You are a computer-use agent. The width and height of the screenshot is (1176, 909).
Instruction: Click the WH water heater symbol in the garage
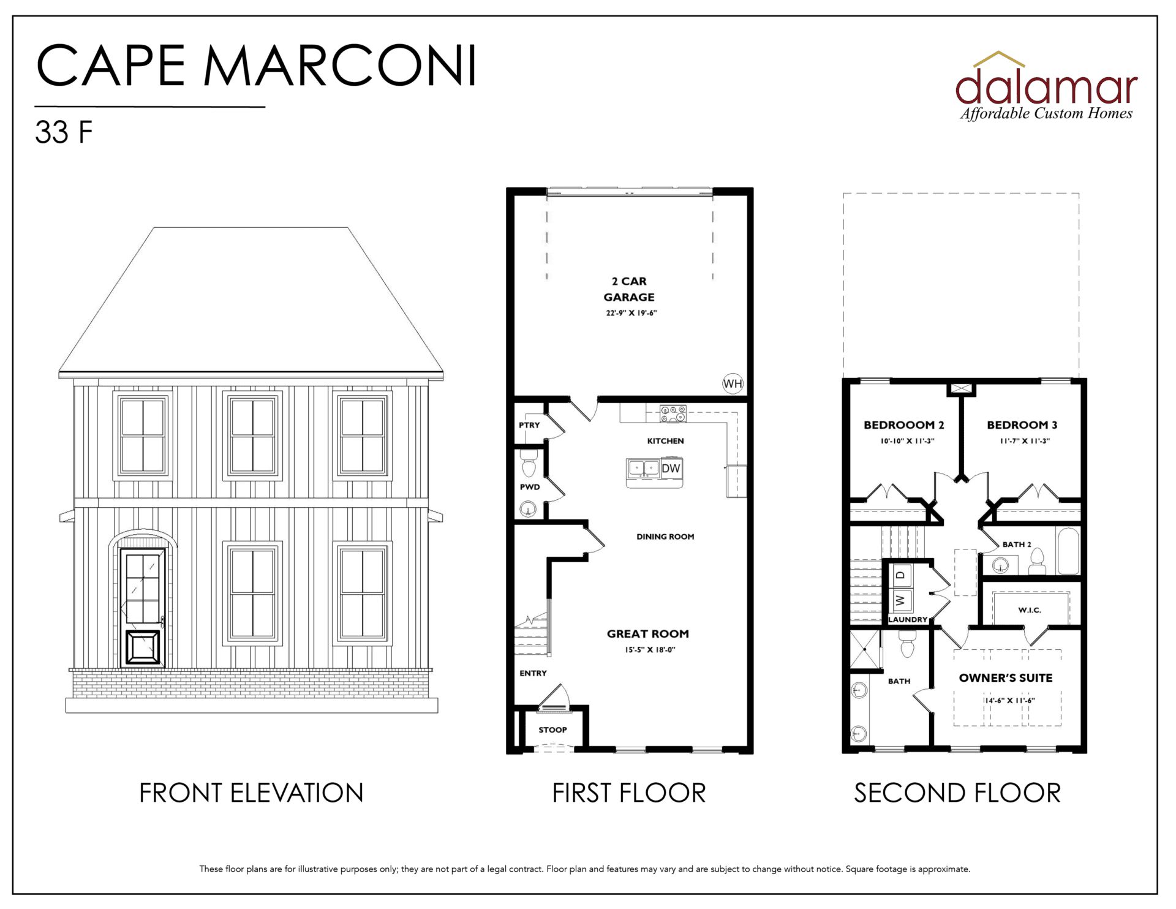click(x=733, y=383)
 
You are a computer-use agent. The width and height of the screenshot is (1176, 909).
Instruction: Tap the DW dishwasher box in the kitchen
click(x=671, y=468)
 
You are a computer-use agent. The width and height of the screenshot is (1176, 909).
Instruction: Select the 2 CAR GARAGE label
click(x=629, y=289)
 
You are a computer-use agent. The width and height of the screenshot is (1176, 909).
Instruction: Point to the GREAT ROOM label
click(x=648, y=634)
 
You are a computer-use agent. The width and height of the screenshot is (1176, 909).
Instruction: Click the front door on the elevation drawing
click(x=143, y=607)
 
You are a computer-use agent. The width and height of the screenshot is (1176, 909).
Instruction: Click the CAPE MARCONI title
click(x=256, y=66)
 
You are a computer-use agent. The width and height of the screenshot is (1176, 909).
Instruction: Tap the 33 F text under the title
click(x=64, y=132)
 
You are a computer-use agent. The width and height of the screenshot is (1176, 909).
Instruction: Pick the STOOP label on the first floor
click(x=552, y=730)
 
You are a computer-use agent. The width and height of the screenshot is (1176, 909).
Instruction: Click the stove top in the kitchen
click(x=673, y=414)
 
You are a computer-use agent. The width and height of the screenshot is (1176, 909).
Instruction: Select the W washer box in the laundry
click(x=900, y=600)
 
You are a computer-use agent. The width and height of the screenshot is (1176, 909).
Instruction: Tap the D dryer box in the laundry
click(x=900, y=575)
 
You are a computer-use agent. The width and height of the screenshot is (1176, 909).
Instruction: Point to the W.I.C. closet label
click(x=1030, y=610)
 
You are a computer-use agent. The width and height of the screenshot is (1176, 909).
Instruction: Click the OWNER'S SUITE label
click(x=1006, y=678)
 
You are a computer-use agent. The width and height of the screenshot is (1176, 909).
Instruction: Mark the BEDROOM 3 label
click(x=1022, y=425)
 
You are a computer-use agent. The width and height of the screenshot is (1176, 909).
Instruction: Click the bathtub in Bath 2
click(x=1068, y=551)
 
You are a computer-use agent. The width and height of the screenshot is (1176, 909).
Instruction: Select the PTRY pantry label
click(x=529, y=425)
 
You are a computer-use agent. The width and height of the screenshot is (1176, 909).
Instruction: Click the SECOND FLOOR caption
click(x=957, y=793)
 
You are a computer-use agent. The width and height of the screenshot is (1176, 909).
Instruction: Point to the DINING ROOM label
click(x=665, y=537)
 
